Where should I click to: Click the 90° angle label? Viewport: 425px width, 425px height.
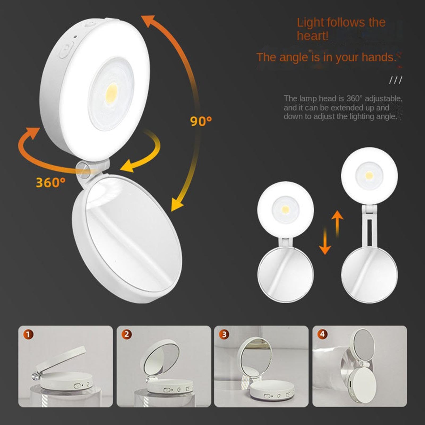pyautogui.click(x=201, y=121)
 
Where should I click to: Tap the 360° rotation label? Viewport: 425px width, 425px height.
pyautogui.click(x=50, y=182)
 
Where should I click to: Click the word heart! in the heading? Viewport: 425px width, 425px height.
pyautogui.click(x=312, y=36)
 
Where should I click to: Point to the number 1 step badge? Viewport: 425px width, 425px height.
pyautogui.click(x=28, y=334)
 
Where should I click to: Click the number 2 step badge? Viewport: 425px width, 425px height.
pyautogui.click(x=126, y=334)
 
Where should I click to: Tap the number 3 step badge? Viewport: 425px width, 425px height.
pyautogui.click(x=224, y=334)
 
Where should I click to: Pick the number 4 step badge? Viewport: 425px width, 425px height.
pyautogui.click(x=322, y=334)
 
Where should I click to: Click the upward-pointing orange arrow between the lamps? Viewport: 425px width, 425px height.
pyautogui.click(x=337, y=223)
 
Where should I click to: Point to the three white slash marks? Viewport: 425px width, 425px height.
pyautogui.click(x=396, y=80)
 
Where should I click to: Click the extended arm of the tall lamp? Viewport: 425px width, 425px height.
pyautogui.click(x=369, y=229)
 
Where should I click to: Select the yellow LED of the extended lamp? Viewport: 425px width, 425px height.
pyautogui.click(x=369, y=175)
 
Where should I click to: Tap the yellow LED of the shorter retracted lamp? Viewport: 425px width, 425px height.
pyautogui.click(x=286, y=209)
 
